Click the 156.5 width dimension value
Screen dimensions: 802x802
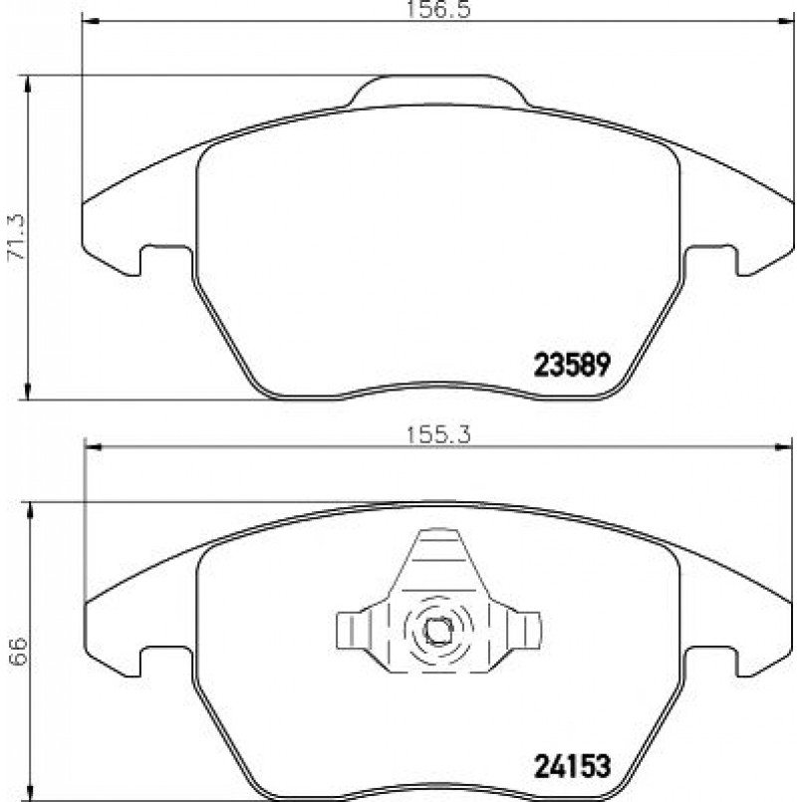pyautogui.click(x=437, y=10)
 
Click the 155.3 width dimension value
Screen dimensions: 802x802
pyautogui.click(x=437, y=435)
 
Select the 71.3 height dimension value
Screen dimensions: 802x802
pyautogui.click(x=16, y=237)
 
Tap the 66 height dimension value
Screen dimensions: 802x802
pyautogui.click(x=18, y=652)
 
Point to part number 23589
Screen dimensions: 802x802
pyautogui.click(x=572, y=366)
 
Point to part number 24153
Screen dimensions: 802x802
pyautogui.click(x=572, y=767)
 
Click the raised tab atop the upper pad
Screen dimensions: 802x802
pyautogui.click(x=438, y=91)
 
